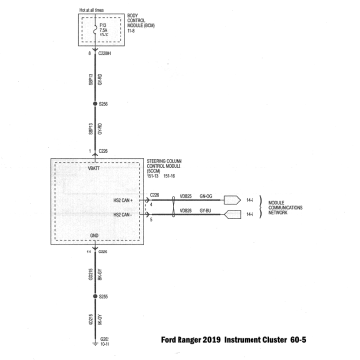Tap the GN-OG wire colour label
click(207, 195)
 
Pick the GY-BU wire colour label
click(207, 211)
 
